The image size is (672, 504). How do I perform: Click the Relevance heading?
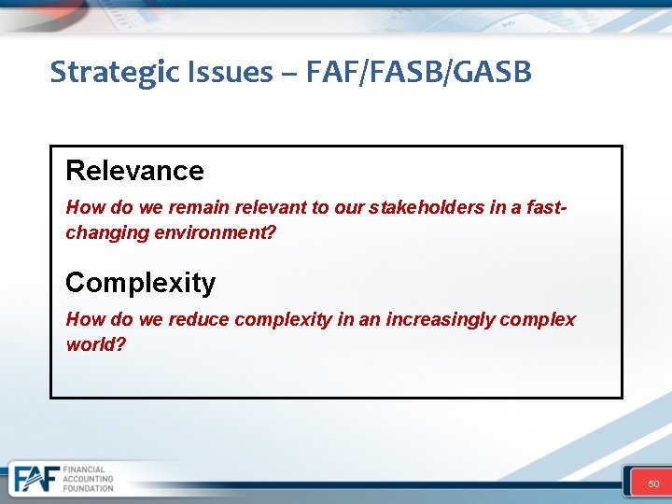(134, 171)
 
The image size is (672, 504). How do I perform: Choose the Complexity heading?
(140, 282)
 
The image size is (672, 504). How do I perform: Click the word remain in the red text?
(196, 207)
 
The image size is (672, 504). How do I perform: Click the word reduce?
(198, 319)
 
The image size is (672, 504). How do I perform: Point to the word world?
(95, 343)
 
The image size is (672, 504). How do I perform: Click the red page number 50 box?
(653, 483)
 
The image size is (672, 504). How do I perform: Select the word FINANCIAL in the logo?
(85, 469)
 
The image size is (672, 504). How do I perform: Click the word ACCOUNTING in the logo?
(89, 479)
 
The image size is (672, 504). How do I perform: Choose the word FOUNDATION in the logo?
(89, 488)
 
